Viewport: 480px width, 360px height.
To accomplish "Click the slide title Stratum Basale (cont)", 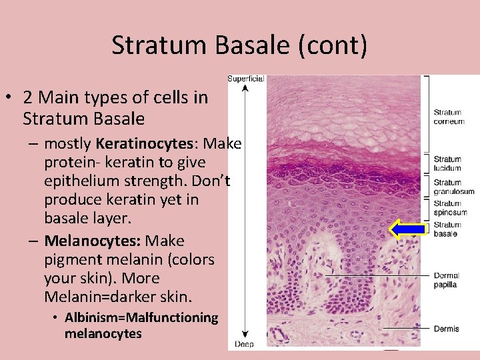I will point(239,45).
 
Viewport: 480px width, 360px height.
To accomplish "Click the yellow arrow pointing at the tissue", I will point(407,229).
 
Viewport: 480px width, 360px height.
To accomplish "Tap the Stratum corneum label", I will point(449,117).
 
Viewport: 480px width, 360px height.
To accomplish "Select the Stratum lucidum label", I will point(447,163).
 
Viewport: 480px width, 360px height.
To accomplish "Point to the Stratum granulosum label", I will point(453,187).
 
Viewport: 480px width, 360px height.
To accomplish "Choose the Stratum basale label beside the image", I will point(447,229).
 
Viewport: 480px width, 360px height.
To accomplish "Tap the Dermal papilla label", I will point(446,280).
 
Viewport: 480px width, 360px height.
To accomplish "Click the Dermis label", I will point(446,328).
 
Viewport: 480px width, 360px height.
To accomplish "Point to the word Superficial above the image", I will point(246,79).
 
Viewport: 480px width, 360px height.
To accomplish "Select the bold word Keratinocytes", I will point(147,143).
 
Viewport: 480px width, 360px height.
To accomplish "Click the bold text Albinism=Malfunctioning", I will point(141,317).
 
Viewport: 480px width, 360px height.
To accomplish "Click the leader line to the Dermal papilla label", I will point(373,275).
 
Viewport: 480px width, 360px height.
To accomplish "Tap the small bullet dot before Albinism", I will point(56,317).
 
